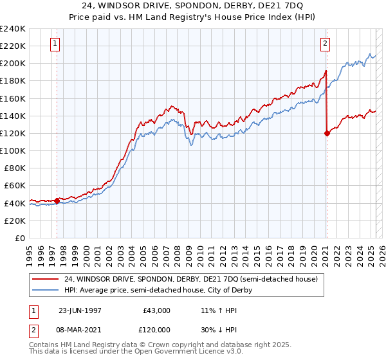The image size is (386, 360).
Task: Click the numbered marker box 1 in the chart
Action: click(55, 44)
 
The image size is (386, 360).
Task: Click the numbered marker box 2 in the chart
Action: click(326, 44)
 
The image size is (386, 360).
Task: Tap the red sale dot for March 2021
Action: click(327, 133)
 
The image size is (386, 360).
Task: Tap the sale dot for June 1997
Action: click(57, 201)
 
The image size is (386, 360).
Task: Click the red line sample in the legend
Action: click(45, 280)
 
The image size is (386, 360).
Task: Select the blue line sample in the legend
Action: click(45, 290)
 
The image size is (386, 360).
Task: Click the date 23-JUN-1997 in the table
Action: click(80, 310)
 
